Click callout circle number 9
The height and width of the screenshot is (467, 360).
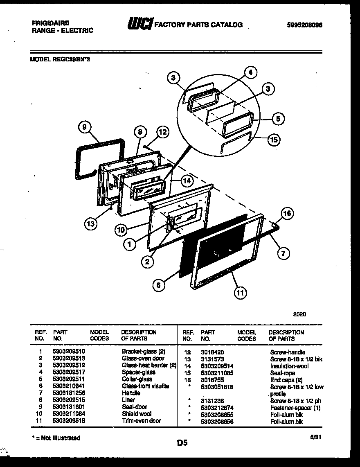tap(84, 127)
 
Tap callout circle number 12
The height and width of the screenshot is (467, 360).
tap(162, 132)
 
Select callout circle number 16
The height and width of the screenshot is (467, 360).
tap(288, 213)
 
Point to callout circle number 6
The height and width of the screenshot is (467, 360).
tap(158, 285)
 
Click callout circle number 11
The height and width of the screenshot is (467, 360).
tap(241, 292)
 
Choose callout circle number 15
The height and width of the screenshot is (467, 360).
tap(274, 140)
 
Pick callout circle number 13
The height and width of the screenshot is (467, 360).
tap(92, 223)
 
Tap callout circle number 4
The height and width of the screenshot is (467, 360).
tap(251, 73)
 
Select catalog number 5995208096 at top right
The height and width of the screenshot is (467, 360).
tap(304, 25)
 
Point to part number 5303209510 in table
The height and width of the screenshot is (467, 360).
tap(69, 351)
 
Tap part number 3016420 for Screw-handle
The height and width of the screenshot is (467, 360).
tap(212, 352)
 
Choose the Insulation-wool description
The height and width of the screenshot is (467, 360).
tap(289, 366)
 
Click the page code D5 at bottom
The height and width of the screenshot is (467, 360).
tap(182, 442)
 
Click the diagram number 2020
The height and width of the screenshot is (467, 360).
tap(299, 314)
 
